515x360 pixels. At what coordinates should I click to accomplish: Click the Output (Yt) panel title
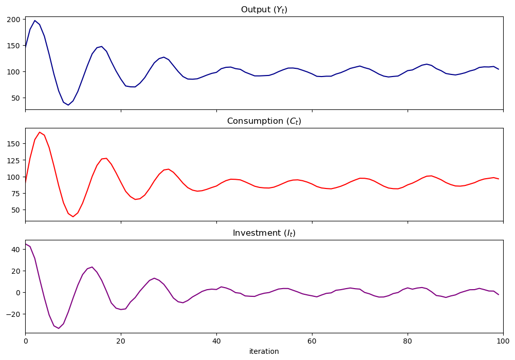click(x=264, y=10)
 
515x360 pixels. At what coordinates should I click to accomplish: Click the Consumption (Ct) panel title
click(x=264, y=121)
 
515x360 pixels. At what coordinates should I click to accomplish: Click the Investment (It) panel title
click(x=264, y=233)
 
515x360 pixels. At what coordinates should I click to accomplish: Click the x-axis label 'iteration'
click(x=264, y=352)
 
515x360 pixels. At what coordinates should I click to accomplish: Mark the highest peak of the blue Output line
click(x=35, y=21)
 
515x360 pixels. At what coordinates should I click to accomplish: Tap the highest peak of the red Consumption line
click(x=40, y=132)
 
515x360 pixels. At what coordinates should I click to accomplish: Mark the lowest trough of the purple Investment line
click(x=59, y=328)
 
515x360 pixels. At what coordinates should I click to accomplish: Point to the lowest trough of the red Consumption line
click(x=73, y=217)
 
